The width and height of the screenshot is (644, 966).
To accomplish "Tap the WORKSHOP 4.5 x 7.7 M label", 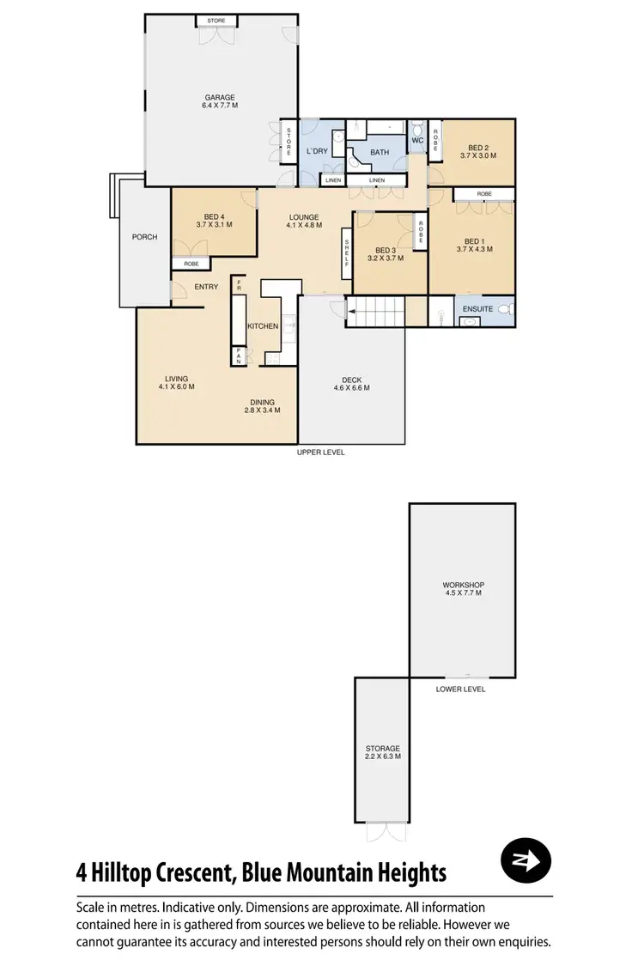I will pyautogui.click(x=463, y=589).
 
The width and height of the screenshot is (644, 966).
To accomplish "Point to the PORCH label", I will pyautogui.click(x=144, y=237).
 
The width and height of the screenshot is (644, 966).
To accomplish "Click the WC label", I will pyautogui.click(x=418, y=140).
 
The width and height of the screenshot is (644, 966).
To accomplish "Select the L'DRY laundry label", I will pyautogui.click(x=318, y=152).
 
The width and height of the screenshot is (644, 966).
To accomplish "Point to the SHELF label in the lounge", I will pyautogui.click(x=347, y=252).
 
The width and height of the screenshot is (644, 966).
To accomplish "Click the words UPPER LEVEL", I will pyautogui.click(x=320, y=453).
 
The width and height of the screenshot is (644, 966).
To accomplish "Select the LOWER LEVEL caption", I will pyautogui.click(x=461, y=689).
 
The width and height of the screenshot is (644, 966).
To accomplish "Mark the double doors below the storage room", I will pyautogui.click(x=383, y=831).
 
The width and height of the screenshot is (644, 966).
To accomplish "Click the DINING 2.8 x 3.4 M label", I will pyautogui.click(x=262, y=405).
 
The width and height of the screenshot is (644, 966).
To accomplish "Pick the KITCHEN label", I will pyautogui.click(x=263, y=327).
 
